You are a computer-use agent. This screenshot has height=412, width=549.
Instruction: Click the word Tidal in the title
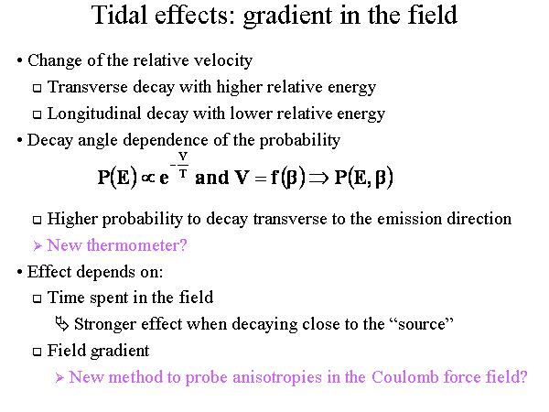click(x=119, y=16)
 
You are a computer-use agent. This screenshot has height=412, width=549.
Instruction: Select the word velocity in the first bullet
click(x=223, y=61)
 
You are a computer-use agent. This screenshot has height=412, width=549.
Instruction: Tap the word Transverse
click(x=87, y=87)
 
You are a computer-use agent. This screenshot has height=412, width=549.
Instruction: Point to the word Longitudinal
click(x=94, y=114)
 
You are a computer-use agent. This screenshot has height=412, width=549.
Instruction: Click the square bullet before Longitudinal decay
click(x=37, y=115)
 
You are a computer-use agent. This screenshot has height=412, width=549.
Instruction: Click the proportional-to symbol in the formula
click(x=148, y=178)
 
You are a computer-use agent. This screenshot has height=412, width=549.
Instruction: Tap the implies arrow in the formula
click(x=319, y=178)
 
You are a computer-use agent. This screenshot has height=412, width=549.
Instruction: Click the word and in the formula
click(x=211, y=178)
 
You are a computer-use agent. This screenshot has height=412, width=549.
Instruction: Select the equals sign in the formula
click(x=261, y=179)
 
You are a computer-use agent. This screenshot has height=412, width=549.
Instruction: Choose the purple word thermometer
click(x=136, y=245)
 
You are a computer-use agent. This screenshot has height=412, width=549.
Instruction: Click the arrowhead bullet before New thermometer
click(x=38, y=246)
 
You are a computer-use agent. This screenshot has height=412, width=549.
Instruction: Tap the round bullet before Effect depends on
click(x=19, y=272)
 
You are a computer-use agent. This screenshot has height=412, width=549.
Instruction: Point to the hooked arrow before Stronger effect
click(x=62, y=324)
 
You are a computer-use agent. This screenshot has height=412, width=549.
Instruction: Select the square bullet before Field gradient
click(x=37, y=352)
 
